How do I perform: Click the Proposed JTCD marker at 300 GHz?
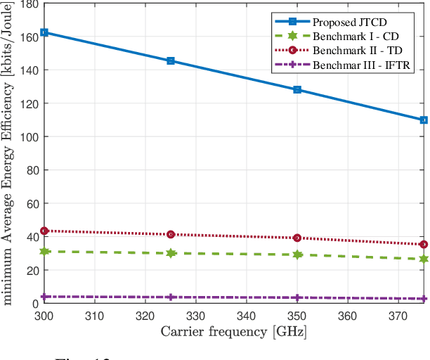[x=44, y=32]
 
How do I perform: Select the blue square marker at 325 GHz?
[x=171, y=61]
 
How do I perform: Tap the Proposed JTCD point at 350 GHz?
[x=297, y=90]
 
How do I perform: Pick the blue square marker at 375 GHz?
[x=424, y=120]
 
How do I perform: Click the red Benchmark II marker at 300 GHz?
[x=44, y=231]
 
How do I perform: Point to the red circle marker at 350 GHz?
[x=297, y=238]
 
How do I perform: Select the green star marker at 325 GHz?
[x=171, y=253]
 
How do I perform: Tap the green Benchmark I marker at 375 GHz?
[x=424, y=259]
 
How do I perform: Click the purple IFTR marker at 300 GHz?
[x=44, y=297]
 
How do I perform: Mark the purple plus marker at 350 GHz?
[x=297, y=298]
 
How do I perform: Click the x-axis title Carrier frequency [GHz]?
[x=234, y=331]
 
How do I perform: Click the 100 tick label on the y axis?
[x=27, y=136]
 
